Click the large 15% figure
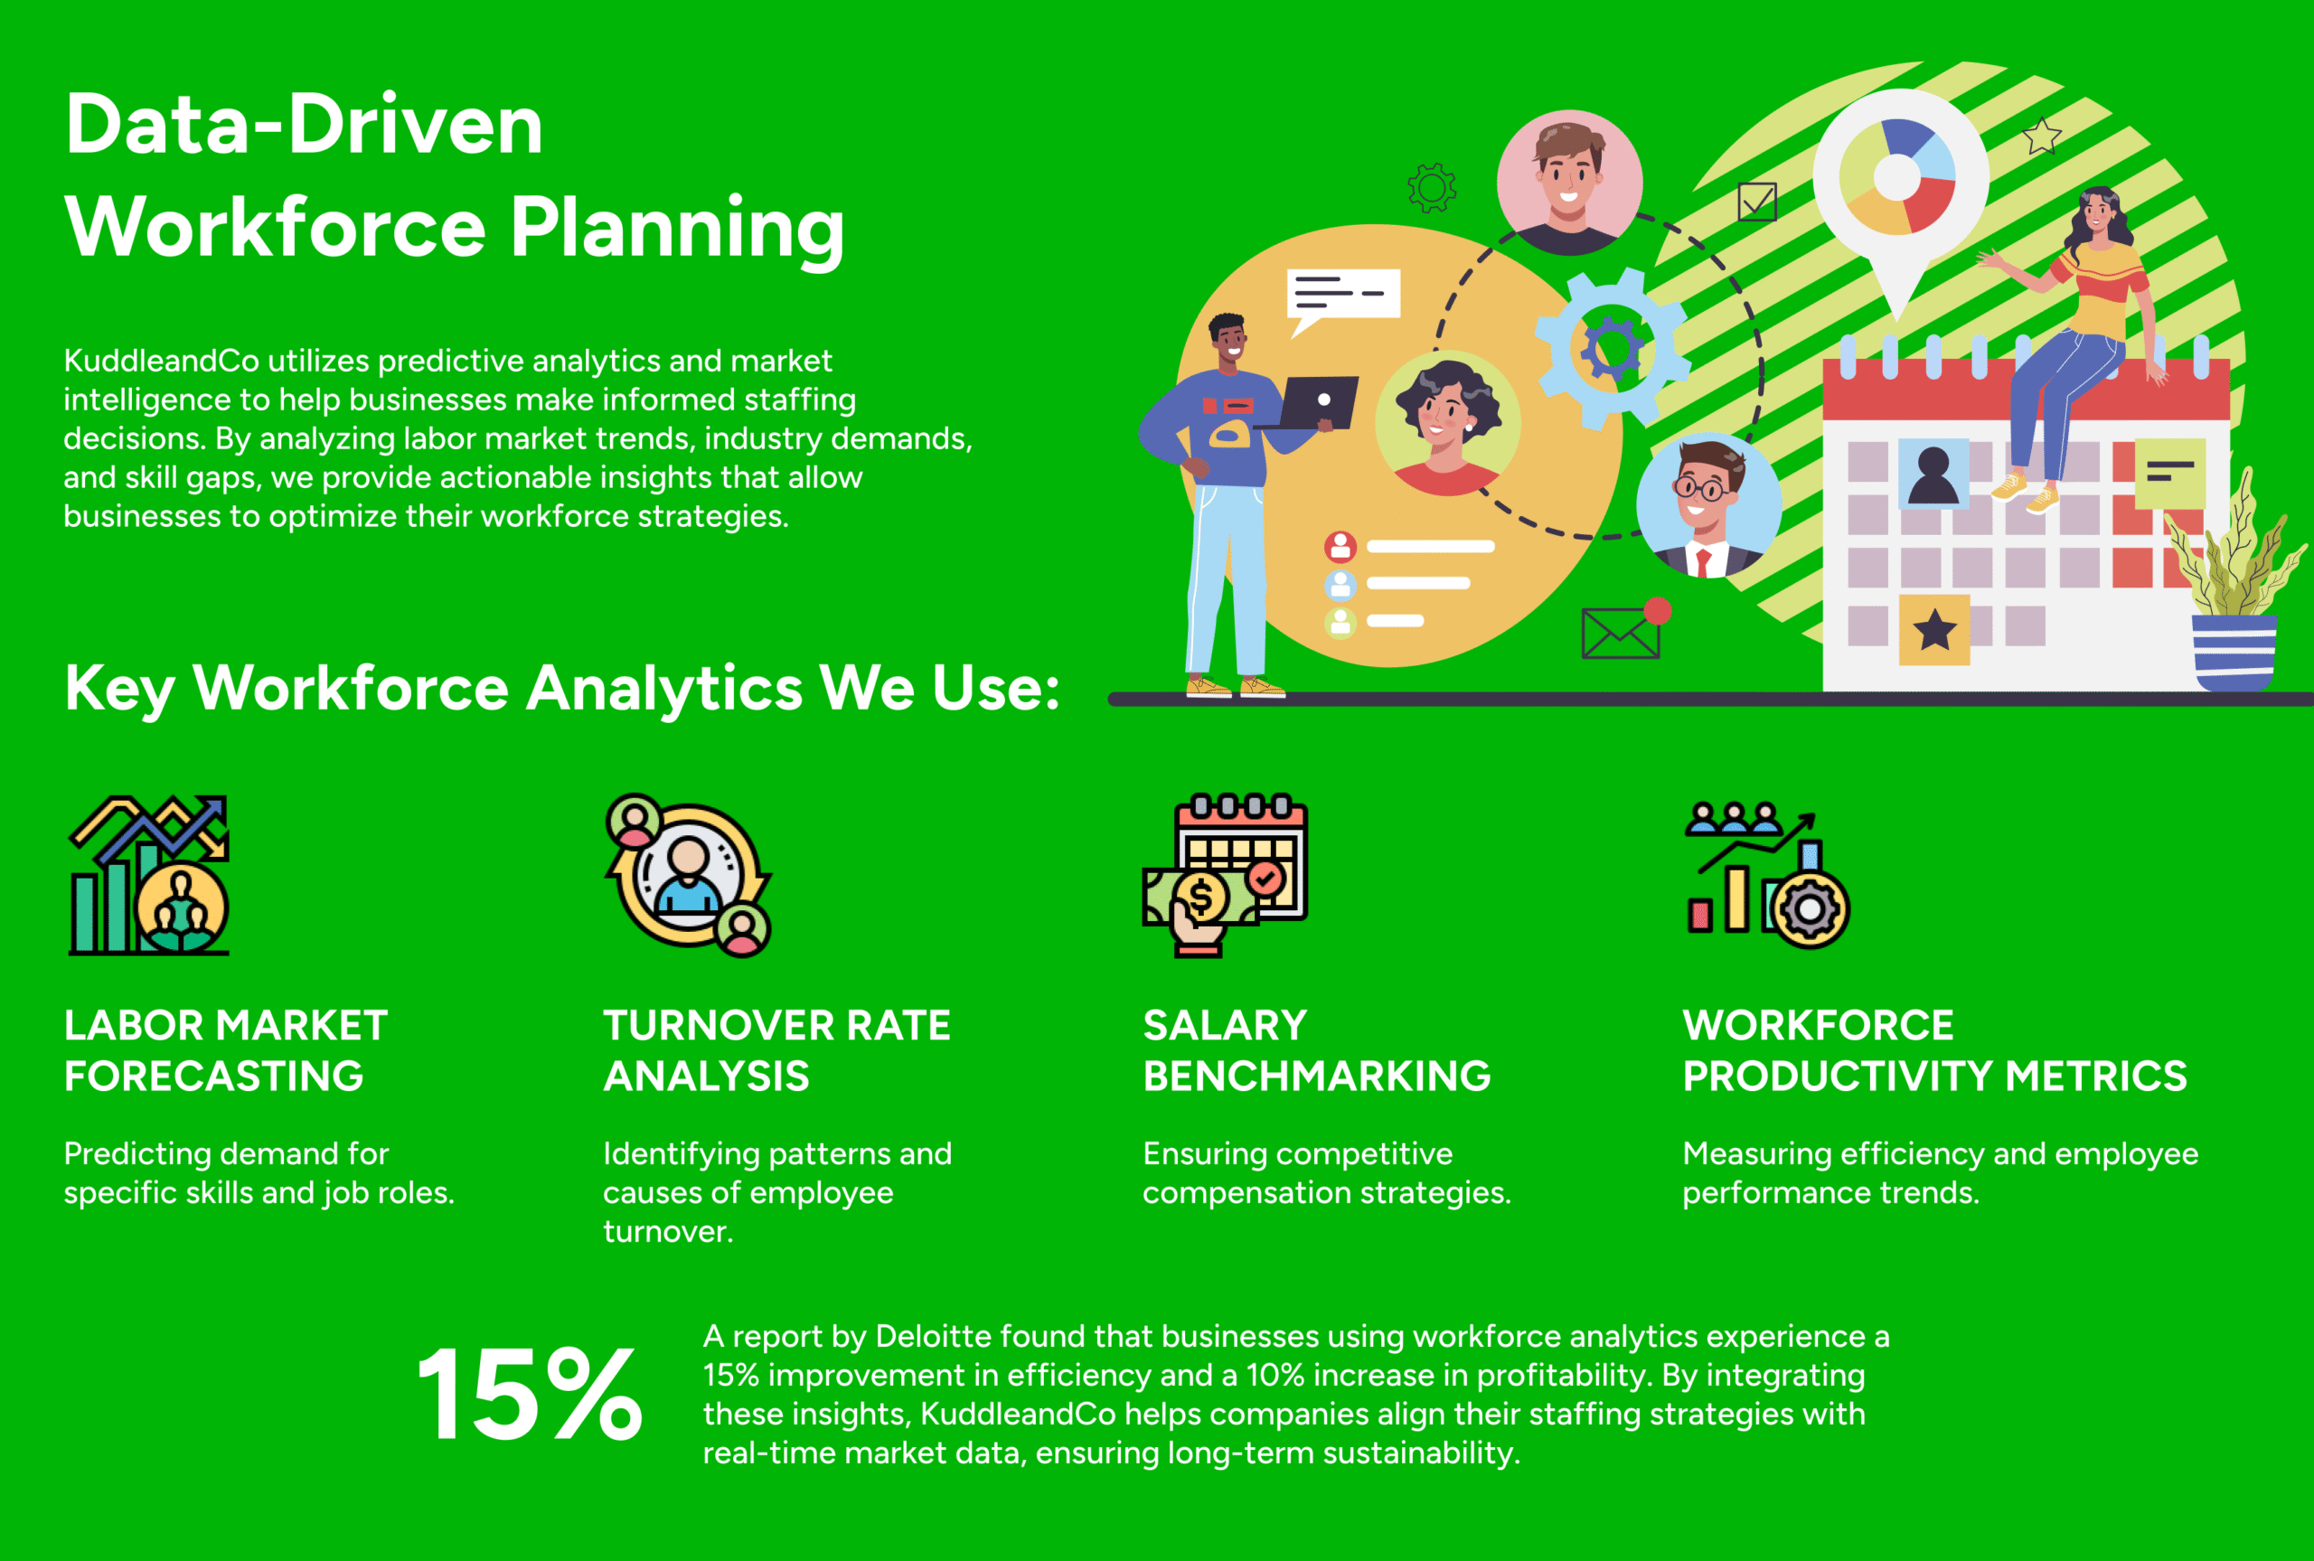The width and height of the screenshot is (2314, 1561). click(x=530, y=1394)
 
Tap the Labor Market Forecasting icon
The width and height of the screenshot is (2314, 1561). click(x=149, y=875)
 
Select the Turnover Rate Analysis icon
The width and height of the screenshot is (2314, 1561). click(x=688, y=875)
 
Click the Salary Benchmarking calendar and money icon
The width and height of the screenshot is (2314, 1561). click(x=1225, y=875)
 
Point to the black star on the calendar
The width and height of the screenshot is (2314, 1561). click(x=1934, y=630)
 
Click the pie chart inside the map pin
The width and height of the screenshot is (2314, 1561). click(x=1897, y=177)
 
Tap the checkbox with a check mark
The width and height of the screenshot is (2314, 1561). click(x=1756, y=202)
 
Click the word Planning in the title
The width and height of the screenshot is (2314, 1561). click(x=677, y=229)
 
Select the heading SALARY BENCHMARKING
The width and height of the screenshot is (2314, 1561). click(x=1317, y=1050)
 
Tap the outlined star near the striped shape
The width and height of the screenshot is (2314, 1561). click(x=2041, y=136)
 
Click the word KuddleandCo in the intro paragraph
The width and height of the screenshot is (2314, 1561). click(x=161, y=361)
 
